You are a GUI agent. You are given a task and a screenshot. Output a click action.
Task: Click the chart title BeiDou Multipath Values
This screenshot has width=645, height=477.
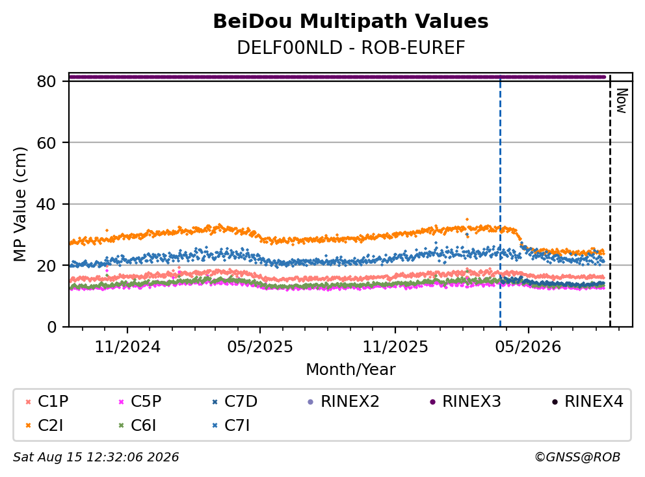(x=350, y=21)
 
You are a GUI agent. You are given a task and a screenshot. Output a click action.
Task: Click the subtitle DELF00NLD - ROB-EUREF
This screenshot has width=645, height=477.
(x=350, y=47)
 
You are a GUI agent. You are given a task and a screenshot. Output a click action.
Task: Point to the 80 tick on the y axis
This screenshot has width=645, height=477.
(x=46, y=81)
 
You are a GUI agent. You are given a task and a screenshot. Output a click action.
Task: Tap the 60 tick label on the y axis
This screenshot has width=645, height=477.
(x=46, y=143)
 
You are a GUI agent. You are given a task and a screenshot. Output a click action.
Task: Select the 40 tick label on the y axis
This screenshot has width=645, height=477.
(x=46, y=204)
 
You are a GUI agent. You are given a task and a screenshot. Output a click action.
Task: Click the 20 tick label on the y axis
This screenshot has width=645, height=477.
(x=46, y=266)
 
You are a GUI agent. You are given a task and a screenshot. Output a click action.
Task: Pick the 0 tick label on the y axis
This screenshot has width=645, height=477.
(x=52, y=327)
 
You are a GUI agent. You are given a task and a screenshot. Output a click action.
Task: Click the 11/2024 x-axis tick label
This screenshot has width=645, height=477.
(x=127, y=347)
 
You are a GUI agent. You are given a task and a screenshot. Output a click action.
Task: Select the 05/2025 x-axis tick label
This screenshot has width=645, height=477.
(x=260, y=347)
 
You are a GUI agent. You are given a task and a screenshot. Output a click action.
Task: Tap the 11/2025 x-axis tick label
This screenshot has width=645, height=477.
(x=395, y=347)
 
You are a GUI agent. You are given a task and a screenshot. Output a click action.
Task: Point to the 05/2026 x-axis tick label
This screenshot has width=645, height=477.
(x=528, y=347)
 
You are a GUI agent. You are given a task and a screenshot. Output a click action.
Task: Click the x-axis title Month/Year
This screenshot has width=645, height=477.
(x=350, y=369)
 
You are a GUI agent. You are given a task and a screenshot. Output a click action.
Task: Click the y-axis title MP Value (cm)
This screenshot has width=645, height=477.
(x=20, y=204)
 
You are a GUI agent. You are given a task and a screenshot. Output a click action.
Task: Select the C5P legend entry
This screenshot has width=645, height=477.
(x=139, y=401)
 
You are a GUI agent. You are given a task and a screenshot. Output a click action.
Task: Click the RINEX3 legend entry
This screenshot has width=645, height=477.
(x=465, y=401)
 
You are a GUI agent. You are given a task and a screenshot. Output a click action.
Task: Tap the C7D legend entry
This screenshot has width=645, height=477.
(x=235, y=401)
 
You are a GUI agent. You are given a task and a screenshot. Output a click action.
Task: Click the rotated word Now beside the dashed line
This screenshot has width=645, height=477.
(x=622, y=101)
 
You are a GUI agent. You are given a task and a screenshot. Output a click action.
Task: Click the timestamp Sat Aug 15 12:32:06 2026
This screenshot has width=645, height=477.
(x=96, y=457)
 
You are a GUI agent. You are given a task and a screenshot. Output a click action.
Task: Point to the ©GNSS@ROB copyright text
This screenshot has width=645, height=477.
(x=577, y=457)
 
